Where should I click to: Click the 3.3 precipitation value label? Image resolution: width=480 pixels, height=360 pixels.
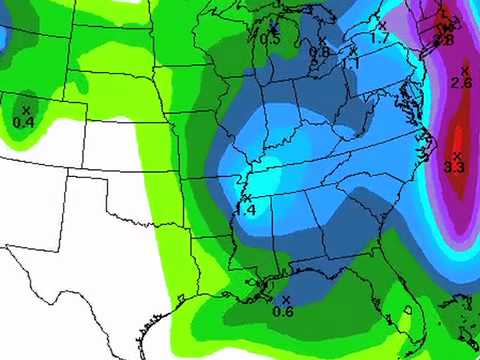point(454,167)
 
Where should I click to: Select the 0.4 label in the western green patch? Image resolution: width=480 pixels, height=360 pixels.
point(24,122)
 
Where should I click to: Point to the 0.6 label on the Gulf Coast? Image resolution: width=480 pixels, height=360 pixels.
point(283,311)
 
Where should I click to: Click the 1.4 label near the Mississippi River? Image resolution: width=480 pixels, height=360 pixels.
point(246,211)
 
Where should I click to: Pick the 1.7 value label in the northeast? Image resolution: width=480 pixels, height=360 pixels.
point(379,38)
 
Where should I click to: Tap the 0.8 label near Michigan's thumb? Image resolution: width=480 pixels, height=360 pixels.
point(319,52)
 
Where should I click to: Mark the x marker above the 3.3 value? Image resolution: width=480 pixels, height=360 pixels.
point(457,155)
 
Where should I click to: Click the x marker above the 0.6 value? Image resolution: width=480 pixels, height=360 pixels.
point(285,299)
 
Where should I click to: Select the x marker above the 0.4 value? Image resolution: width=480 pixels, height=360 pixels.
point(26,109)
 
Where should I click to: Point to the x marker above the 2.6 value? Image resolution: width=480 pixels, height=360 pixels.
point(464,70)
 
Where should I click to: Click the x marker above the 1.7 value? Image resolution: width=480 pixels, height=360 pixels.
point(382,25)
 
